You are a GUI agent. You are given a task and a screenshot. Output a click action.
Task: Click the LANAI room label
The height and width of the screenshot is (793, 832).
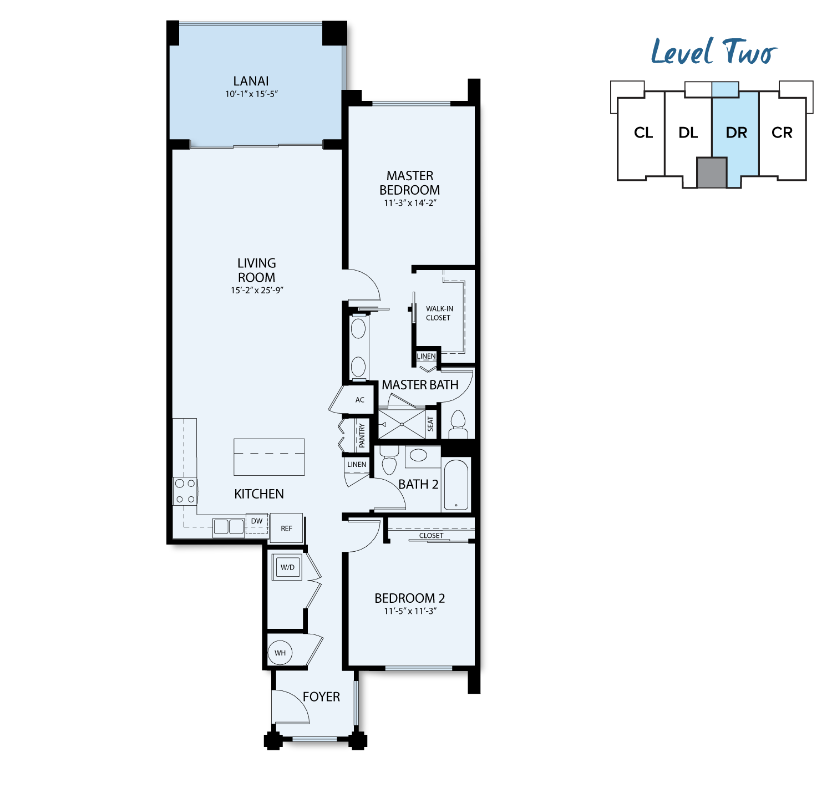[251, 81]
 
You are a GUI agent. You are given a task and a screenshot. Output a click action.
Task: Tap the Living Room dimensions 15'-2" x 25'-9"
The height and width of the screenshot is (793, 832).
[256, 290]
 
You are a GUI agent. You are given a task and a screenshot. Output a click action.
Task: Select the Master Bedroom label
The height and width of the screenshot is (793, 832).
[409, 182]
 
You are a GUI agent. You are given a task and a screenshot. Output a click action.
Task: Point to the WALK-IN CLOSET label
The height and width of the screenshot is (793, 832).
[439, 313]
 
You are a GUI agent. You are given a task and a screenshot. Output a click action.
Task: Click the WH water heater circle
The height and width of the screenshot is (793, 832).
[280, 653]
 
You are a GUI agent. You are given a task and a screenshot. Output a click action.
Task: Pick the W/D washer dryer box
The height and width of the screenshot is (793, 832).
[287, 567]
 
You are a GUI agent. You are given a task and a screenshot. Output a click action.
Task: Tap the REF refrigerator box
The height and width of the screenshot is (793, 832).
[286, 528]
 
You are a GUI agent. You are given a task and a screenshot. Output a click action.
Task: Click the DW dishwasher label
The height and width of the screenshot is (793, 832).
[256, 521]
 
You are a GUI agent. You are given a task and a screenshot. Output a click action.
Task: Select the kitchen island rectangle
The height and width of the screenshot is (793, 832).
[268, 457]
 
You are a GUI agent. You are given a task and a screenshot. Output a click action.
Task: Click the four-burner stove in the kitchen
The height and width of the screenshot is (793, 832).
[185, 491]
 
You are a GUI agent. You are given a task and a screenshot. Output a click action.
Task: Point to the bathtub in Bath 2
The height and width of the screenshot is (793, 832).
[456, 485]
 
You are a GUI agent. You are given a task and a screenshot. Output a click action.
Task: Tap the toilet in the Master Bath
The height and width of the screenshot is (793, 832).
[458, 424]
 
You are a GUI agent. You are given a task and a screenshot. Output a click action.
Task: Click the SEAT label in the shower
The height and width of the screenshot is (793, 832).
[430, 424]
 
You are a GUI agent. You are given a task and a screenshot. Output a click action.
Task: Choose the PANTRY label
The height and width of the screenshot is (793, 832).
[362, 435]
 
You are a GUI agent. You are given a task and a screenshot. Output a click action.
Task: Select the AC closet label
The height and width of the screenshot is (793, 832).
[359, 399]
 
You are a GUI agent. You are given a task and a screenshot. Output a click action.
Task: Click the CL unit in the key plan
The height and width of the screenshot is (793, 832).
[643, 133]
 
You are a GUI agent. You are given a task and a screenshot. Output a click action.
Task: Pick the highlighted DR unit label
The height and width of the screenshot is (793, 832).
[736, 133]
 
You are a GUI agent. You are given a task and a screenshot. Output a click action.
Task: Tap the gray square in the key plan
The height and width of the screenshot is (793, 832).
[712, 172]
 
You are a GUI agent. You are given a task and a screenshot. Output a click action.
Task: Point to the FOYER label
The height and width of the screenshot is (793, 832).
[321, 697]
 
